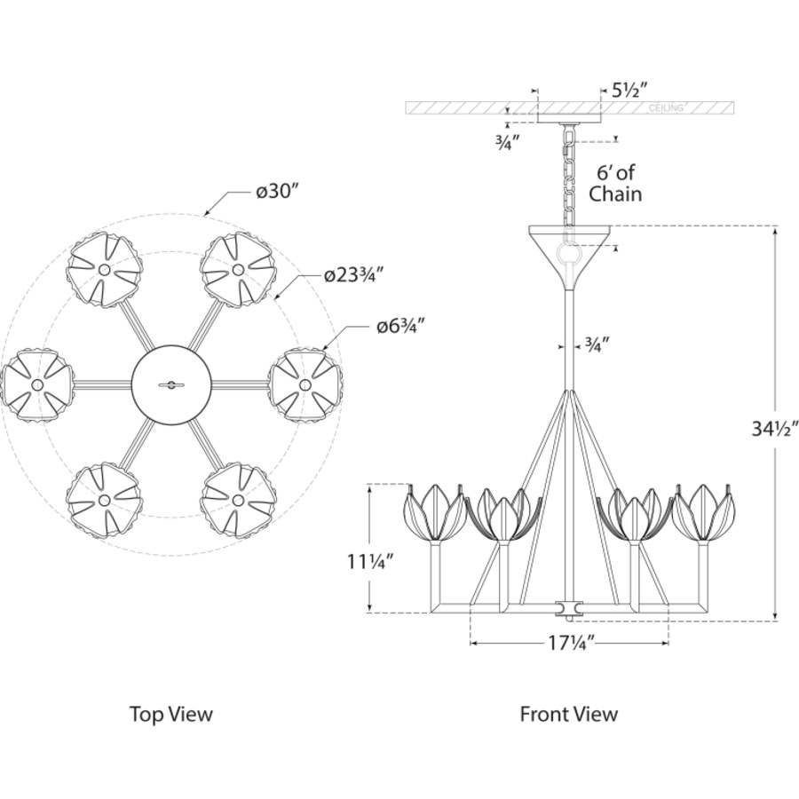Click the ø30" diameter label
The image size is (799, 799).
tap(276, 192)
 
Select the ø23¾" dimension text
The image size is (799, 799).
tap(353, 276)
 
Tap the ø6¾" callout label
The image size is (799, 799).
tap(401, 326)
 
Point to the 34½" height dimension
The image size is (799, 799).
tap(774, 429)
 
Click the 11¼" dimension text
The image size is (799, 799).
tap(371, 562)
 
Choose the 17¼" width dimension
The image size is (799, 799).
tap(571, 643)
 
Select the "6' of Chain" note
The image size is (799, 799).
tap(615, 184)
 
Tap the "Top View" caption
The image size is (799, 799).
tap(170, 714)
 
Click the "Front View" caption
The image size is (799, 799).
tap(569, 714)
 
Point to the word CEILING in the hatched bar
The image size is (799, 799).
tap(666, 108)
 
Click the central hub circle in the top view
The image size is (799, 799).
tap(171, 384)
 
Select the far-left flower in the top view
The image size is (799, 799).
tap(36, 385)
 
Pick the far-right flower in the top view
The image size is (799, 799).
tap(305, 384)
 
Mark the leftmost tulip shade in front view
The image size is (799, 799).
tap(435, 511)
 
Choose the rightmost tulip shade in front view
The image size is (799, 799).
tap(704, 511)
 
